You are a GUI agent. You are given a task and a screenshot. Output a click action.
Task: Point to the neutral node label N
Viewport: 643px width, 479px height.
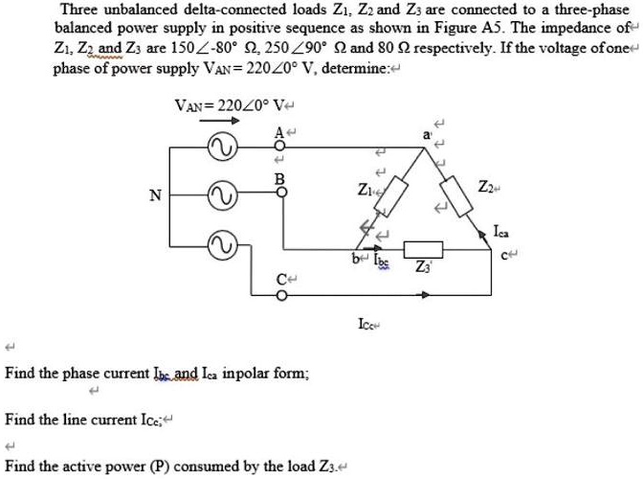[x=154, y=196]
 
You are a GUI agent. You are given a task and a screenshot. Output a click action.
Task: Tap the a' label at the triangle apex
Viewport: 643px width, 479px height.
[x=413, y=135]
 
